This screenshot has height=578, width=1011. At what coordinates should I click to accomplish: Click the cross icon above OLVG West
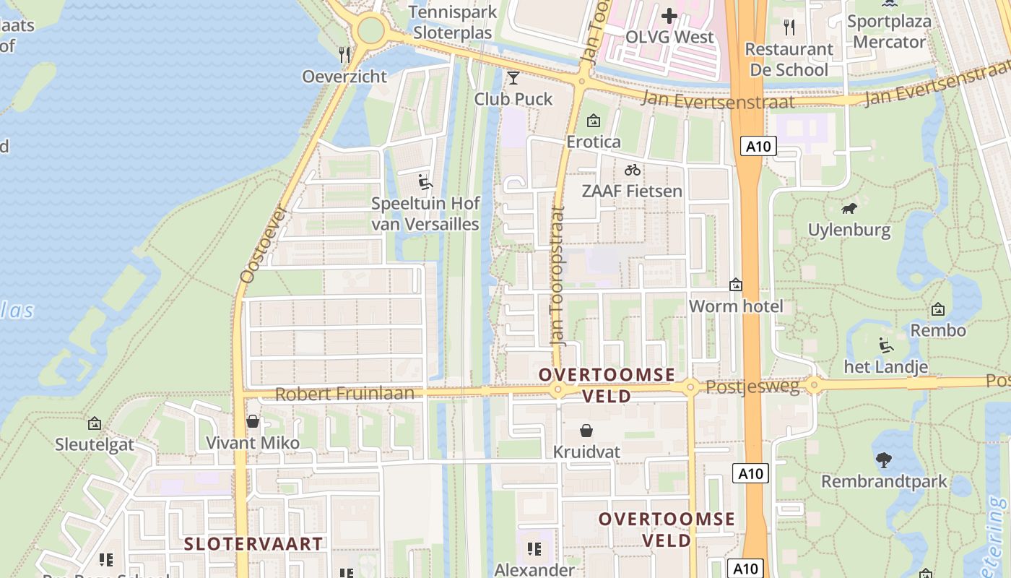(x=669, y=15)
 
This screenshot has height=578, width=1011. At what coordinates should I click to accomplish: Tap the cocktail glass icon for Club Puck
(x=513, y=77)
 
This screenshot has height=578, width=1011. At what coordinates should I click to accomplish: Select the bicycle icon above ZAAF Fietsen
(x=633, y=171)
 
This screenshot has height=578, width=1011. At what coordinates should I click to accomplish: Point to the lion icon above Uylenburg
(x=849, y=209)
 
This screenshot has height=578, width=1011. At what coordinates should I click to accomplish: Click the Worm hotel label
(x=736, y=306)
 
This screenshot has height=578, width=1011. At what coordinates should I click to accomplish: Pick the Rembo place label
(x=938, y=330)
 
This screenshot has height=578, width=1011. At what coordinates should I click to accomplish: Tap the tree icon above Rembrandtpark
(x=883, y=460)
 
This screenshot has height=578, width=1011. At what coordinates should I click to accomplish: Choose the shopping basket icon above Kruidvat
(x=586, y=431)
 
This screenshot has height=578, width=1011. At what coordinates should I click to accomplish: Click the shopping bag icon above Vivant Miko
(x=253, y=420)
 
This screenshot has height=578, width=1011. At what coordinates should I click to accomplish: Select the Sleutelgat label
(x=95, y=444)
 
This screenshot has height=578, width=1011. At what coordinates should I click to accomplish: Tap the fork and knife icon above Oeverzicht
(x=344, y=54)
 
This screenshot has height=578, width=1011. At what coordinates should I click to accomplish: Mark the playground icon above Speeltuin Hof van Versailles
(x=425, y=181)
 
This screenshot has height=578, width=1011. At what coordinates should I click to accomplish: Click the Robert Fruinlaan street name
(x=345, y=394)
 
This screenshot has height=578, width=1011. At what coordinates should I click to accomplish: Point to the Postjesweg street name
(x=752, y=387)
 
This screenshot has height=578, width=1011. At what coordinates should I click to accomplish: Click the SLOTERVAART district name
(x=253, y=544)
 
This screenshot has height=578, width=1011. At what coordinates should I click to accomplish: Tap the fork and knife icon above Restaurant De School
(x=789, y=27)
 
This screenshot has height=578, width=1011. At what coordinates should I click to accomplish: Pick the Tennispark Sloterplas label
(x=452, y=22)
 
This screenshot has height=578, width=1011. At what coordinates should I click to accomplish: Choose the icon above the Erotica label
(x=594, y=121)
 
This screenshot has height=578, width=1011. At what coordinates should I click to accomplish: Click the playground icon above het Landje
(x=885, y=345)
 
